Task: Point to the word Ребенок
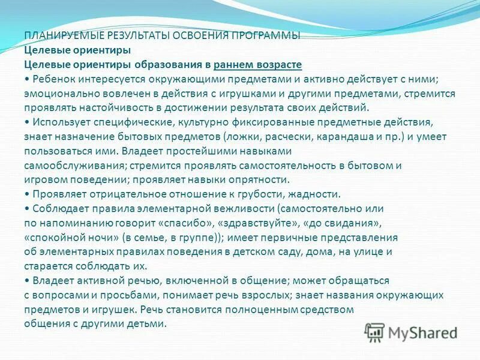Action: coord(55,79)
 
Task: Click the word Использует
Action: coord(62,122)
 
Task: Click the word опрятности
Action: coord(260,179)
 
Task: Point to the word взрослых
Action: coord(289,295)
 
